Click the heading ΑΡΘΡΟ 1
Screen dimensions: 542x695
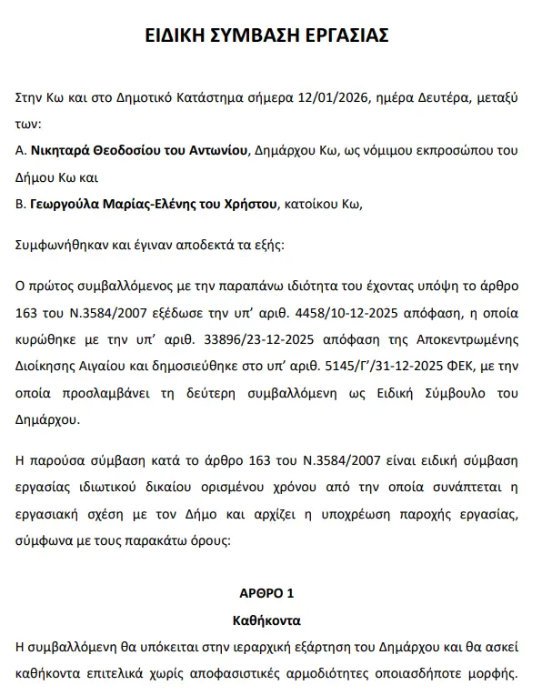266,593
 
